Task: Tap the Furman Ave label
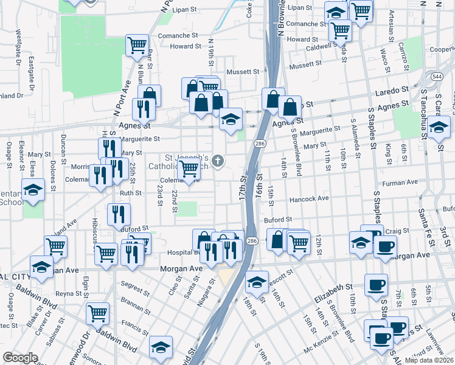[x=398, y=182]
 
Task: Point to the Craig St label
[x=397, y=231]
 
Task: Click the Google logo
[x=20, y=358]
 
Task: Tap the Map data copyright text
[x=429, y=360]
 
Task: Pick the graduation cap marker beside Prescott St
[x=257, y=281]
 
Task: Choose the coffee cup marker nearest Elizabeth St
[x=376, y=285]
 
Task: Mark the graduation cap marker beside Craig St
[x=361, y=243]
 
